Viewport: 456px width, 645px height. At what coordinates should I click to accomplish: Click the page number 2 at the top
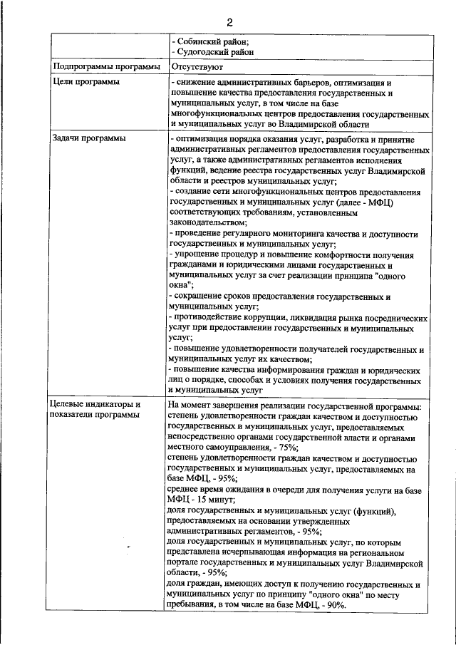click(x=229, y=21)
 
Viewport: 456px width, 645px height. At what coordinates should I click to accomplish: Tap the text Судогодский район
click(x=213, y=52)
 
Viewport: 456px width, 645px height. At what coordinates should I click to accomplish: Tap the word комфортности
click(x=340, y=254)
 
